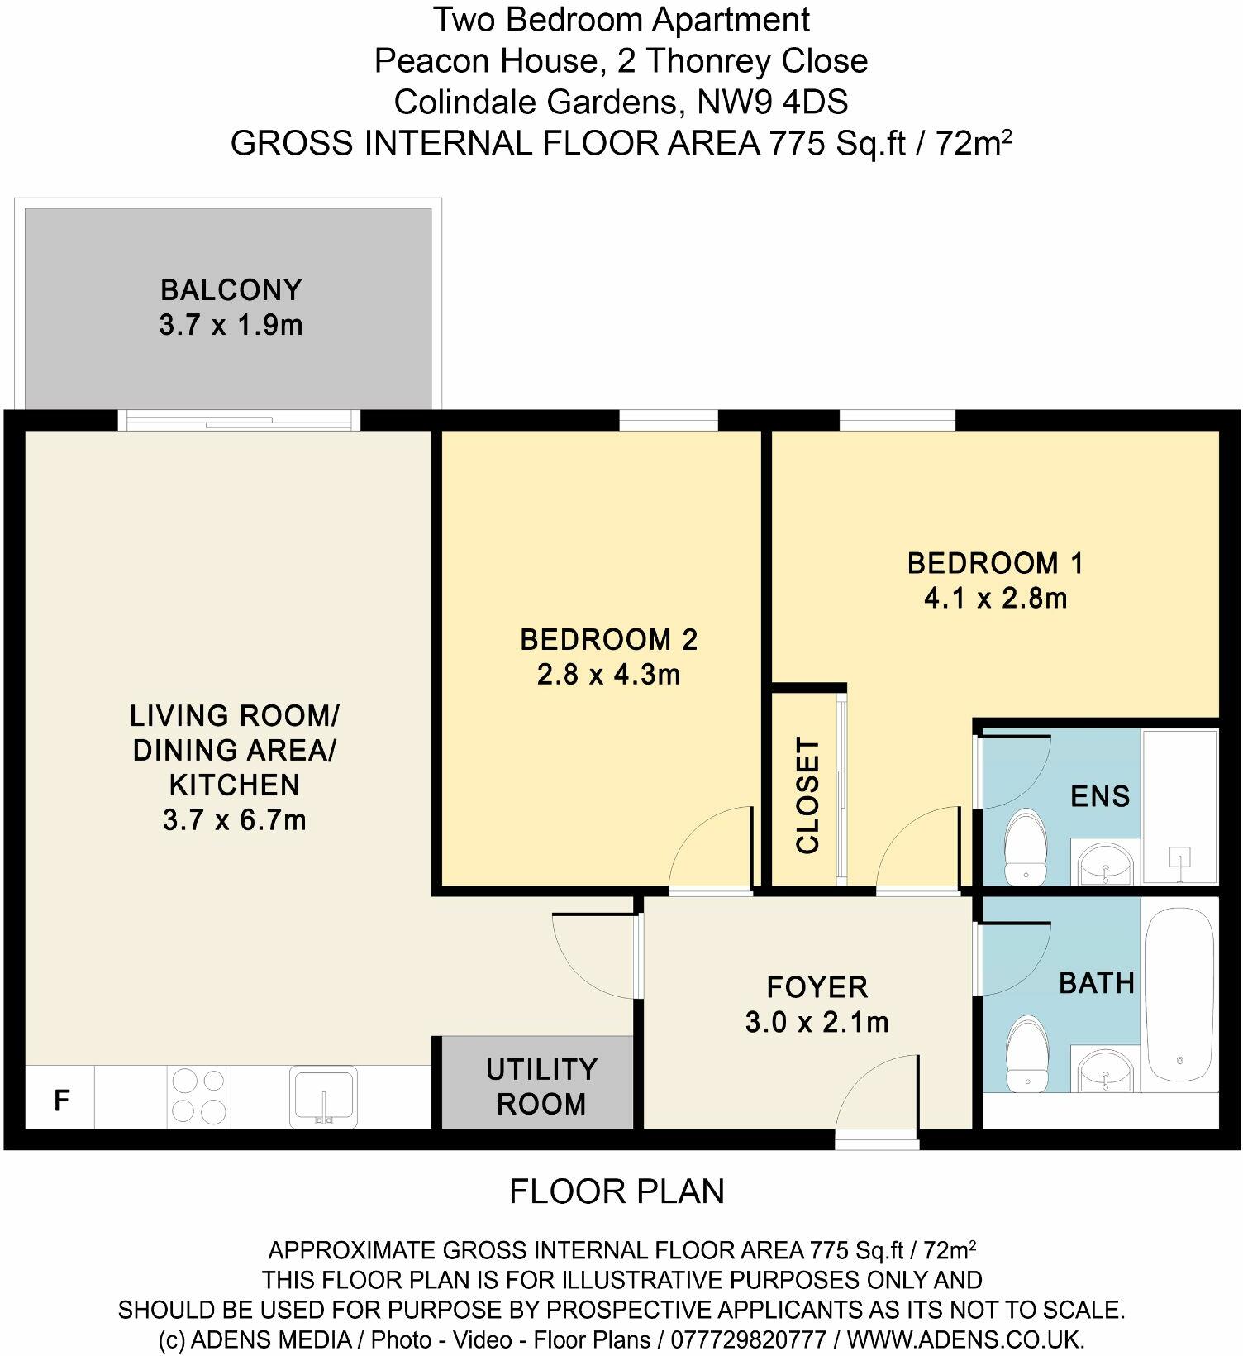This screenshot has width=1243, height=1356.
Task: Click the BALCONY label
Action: click(x=231, y=290)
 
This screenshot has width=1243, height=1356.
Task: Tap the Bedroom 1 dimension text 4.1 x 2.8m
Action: click(x=995, y=598)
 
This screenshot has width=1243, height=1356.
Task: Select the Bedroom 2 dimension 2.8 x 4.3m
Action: click(x=608, y=675)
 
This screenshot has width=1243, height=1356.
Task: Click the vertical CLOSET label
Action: click(x=807, y=795)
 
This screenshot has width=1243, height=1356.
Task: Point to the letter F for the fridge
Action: click(x=61, y=1101)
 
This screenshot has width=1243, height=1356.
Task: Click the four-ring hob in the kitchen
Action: click(x=198, y=1096)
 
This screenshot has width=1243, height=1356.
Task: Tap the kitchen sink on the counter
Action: click(x=323, y=1096)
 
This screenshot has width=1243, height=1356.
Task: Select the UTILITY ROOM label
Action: click(x=541, y=1086)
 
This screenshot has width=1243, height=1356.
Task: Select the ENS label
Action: click(x=1099, y=796)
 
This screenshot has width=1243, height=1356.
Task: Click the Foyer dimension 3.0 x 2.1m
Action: click(x=817, y=1023)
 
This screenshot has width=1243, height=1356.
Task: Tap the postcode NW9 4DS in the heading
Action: click(x=773, y=103)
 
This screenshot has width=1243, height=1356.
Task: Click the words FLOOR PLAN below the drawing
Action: click(x=617, y=1191)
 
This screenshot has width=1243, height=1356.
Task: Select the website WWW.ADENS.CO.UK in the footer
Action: click(x=965, y=1339)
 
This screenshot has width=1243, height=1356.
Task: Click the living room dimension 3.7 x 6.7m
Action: click(x=234, y=820)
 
